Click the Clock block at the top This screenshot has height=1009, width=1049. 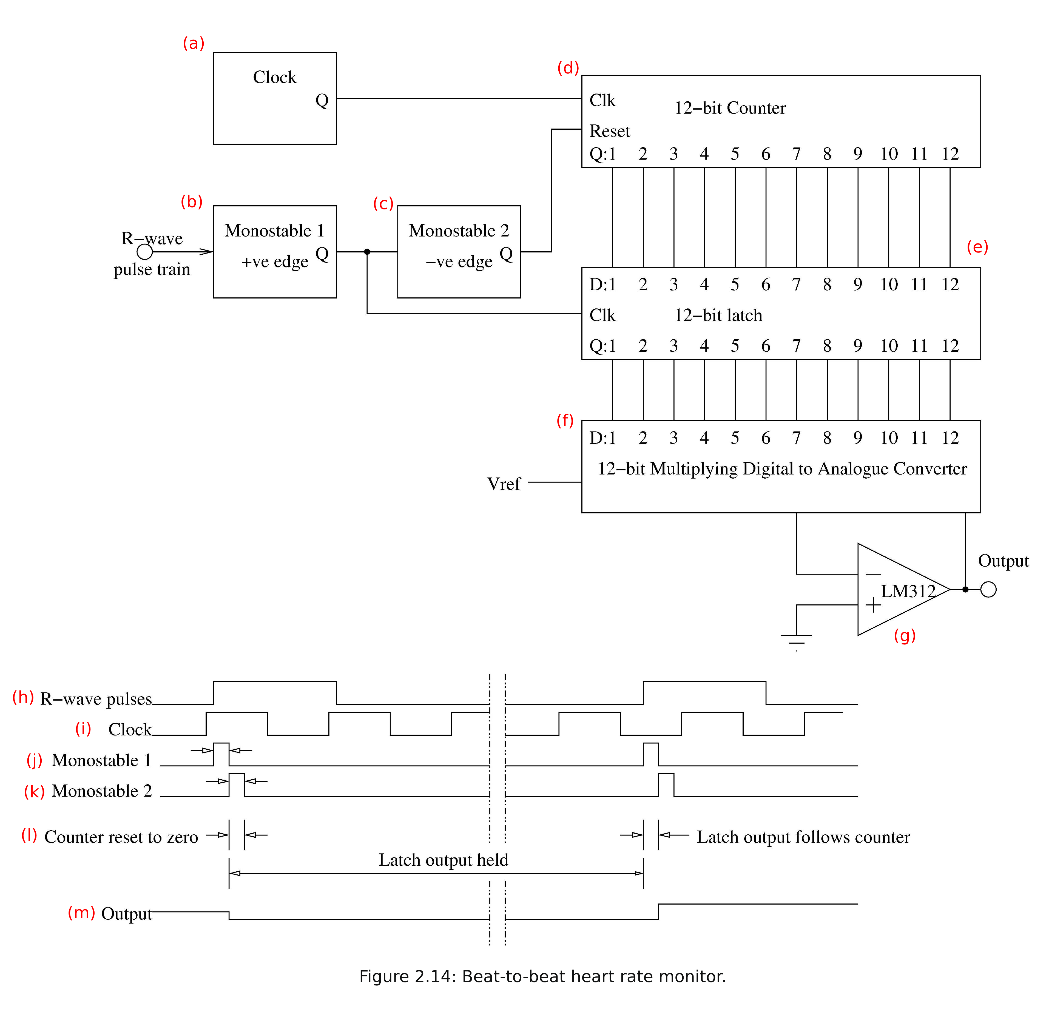pos(275,98)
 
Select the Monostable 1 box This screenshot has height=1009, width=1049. pos(275,252)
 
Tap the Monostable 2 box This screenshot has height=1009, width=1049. pos(459,252)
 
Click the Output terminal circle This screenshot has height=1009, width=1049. pos(988,589)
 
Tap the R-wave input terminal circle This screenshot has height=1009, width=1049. pos(144,252)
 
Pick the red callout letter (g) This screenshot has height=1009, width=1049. pos(905,635)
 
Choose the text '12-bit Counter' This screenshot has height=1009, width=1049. pos(730,108)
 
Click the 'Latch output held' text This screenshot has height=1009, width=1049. pos(443,860)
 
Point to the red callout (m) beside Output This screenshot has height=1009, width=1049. pos(81,913)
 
